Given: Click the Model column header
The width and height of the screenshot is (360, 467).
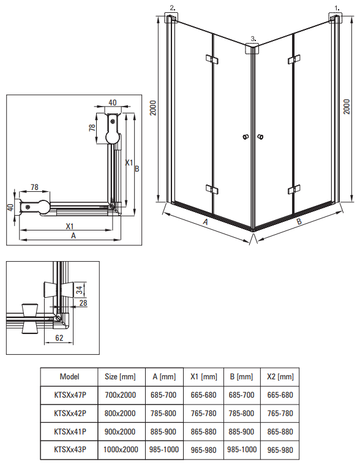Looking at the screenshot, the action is (69, 377).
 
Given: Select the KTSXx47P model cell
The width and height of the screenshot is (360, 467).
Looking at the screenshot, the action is (70, 395).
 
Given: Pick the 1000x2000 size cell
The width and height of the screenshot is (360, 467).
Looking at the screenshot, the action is (121, 449).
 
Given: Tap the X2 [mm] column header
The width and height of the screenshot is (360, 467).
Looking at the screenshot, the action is (280, 377).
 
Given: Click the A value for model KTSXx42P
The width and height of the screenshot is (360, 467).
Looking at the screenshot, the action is (163, 414).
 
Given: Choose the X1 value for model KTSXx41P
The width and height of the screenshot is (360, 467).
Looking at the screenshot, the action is (203, 431).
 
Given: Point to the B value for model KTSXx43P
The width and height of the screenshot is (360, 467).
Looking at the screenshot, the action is (242, 449).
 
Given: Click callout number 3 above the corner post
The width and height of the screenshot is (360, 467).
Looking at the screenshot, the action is (253, 39).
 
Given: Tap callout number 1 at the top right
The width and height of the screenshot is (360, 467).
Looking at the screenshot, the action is (337, 9).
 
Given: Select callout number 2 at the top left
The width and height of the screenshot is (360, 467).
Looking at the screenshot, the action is (173, 8).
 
